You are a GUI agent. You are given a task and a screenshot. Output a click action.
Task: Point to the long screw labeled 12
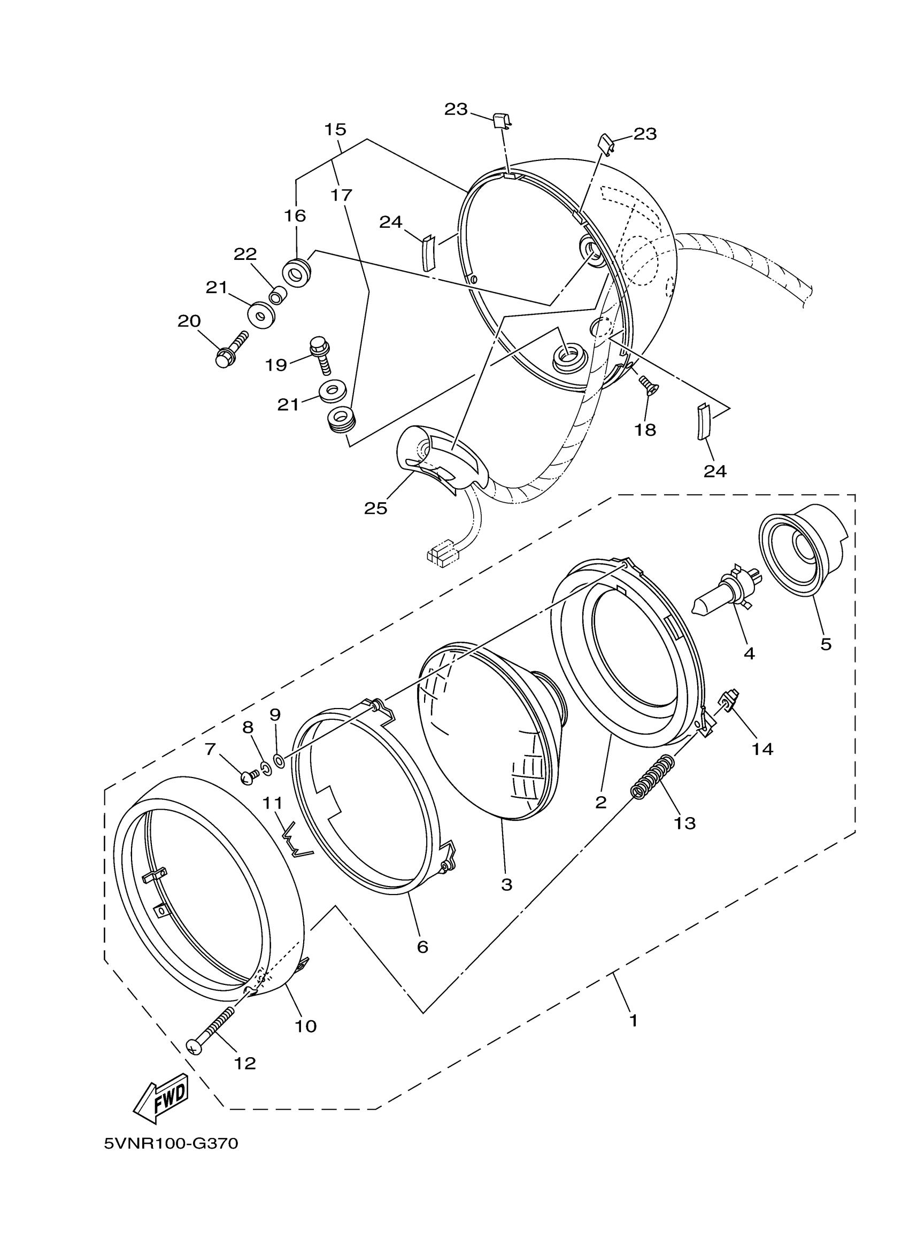click(x=213, y=1029)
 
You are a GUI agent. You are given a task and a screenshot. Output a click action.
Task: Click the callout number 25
click(x=376, y=508)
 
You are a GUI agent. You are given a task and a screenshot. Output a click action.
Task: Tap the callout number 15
click(x=335, y=129)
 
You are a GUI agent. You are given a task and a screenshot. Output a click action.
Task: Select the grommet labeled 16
click(x=297, y=272)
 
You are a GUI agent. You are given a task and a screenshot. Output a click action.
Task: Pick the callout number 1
click(x=634, y=1020)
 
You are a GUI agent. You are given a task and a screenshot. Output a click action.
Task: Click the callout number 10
click(x=305, y=1026)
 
